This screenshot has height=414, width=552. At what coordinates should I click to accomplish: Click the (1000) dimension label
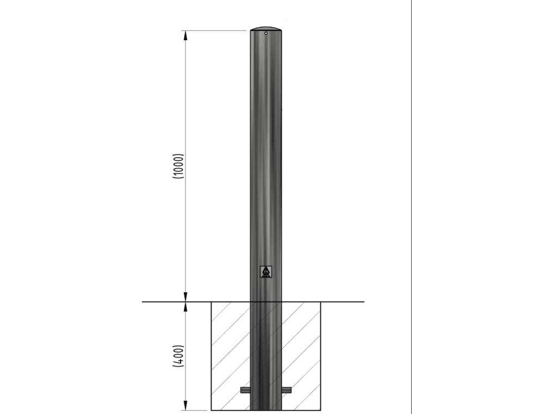tap(178, 166)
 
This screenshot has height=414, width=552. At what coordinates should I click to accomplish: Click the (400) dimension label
tap(178, 356)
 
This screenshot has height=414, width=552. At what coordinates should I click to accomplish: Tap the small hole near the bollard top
tap(266, 33)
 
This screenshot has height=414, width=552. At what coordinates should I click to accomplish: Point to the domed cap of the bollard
tap(266, 28)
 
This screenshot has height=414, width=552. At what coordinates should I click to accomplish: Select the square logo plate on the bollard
tap(266, 272)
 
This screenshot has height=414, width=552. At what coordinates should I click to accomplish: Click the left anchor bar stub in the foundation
tap(245, 390)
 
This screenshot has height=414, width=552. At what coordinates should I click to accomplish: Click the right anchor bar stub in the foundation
tap(287, 390)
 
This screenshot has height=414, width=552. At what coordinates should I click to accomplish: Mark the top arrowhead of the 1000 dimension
tap(185, 35)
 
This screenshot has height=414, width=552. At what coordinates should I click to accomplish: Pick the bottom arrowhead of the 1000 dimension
tap(185, 297)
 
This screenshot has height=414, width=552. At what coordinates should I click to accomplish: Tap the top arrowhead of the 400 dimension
tap(185, 307)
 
